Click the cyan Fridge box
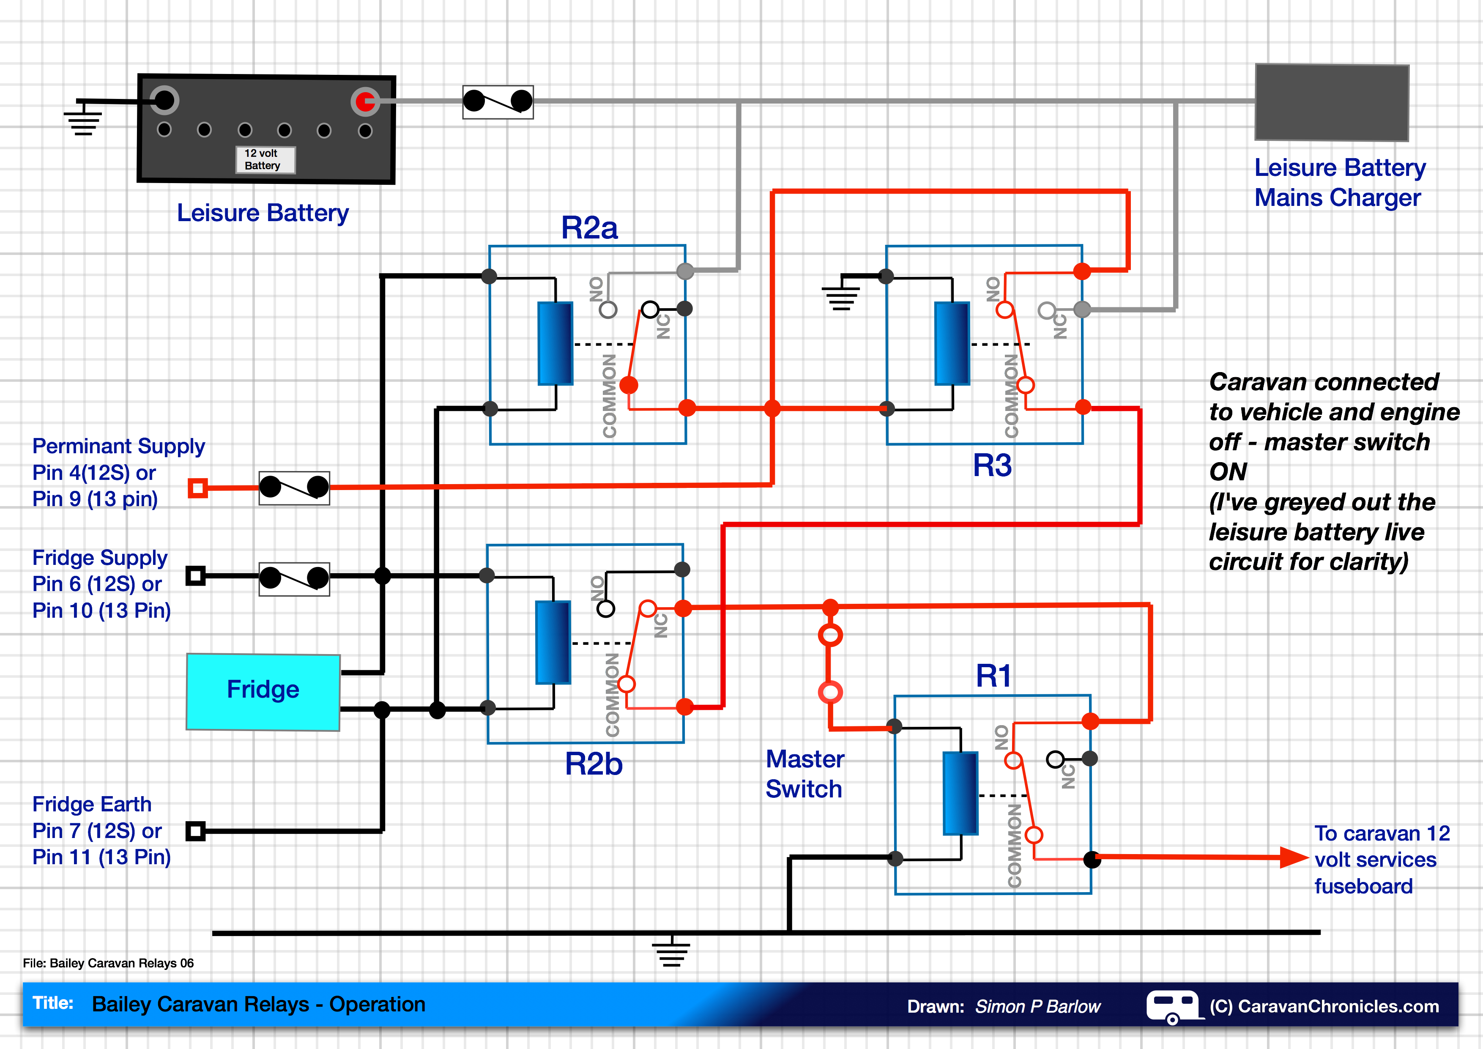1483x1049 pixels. pyautogui.click(x=263, y=691)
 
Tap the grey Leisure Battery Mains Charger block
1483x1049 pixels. pyautogui.click(x=1331, y=102)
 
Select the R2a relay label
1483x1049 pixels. pyautogui.click(x=589, y=228)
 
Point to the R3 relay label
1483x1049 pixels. pyautogui.click(x=992, y=465)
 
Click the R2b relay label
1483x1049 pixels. pyautogui.click(x=594, y=764)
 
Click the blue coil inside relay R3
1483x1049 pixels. pyautogui.click(x=952, y=343)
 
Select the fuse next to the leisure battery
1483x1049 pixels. pyautogui.click(x=498, y=102)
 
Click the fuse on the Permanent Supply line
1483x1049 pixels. pyautogui.click(x=294, y=488)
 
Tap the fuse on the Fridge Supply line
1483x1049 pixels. pyautogui.click(x=294, y=579)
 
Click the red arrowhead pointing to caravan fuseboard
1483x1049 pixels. pyautogui.click(x=1294, y=858)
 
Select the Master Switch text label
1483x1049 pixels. pyautogui.click(x=804, y=774)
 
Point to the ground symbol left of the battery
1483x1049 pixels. pyautogui.click(x=83, y=120)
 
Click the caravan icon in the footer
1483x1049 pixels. pyautogui.click(x=1173, y=1006)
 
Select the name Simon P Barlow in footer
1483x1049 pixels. pyautogui.click(x=1037, y=1006)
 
